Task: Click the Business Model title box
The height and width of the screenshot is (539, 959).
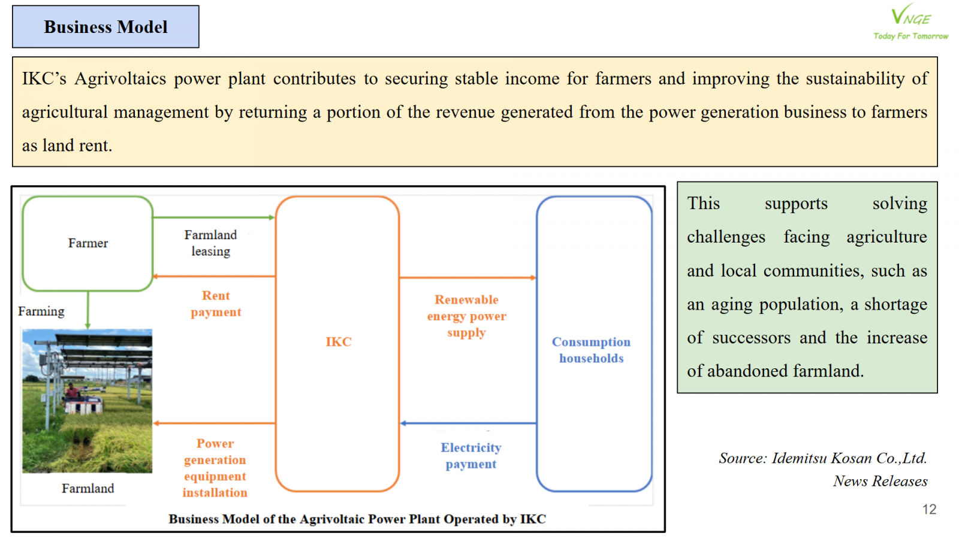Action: [105, 27]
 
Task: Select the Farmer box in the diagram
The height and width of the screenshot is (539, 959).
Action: [88, 243]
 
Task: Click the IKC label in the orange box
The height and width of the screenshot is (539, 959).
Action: [338, 342]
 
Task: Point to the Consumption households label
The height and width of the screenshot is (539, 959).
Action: [591, 350]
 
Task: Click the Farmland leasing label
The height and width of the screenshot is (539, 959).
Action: [210, 243]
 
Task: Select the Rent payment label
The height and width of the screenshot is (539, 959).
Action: [216, 304]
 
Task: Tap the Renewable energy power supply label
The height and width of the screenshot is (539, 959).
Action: [466, 316]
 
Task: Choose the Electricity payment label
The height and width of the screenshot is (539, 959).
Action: [471, 456]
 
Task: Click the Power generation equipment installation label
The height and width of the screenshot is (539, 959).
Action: [215, 468]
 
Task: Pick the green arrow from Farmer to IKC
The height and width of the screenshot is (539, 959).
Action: [213, 217]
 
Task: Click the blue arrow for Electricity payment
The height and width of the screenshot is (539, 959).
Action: [468, 423]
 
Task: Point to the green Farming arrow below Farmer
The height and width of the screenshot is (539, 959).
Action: [88, 310]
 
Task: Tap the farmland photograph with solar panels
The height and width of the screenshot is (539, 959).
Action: [88, 401]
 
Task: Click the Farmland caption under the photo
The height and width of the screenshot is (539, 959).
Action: [88, 489]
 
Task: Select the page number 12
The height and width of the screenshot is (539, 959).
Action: [929, 510]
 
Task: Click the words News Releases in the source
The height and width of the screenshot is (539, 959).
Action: [880, 482]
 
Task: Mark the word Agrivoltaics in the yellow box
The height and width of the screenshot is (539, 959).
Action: [120, 78]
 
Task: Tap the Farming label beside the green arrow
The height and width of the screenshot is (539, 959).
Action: [41, 311]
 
